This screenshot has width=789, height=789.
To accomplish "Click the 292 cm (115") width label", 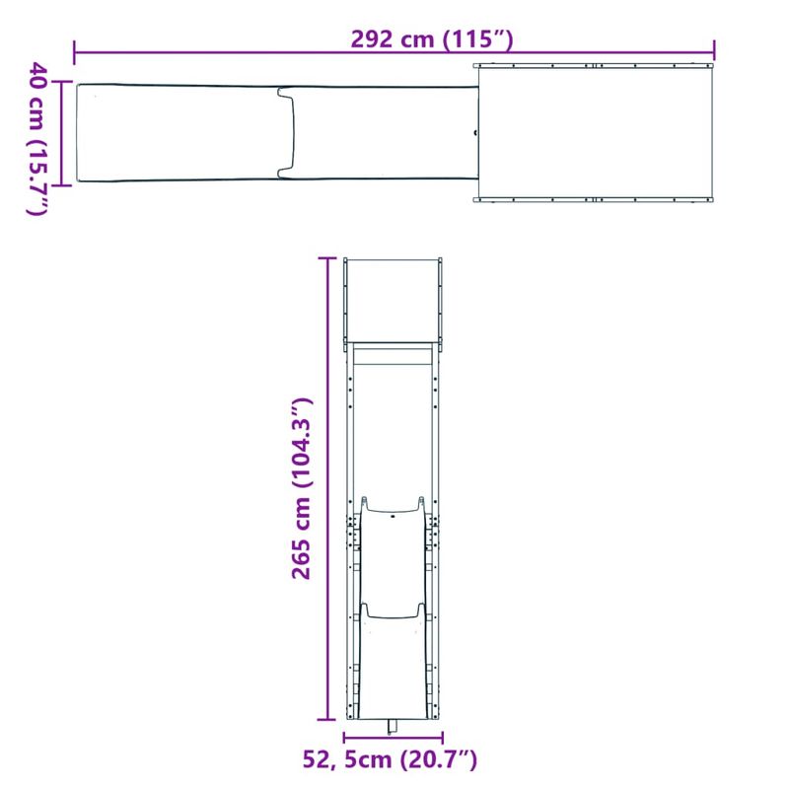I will tap(433, 40).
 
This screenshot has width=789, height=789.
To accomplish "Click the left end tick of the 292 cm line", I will tap(75, 49).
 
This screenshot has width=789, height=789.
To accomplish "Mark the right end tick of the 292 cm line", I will tap(715, 49).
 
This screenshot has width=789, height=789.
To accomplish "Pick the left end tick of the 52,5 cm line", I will tap(343, 738).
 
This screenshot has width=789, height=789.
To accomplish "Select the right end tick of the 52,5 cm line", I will tap(443, 738).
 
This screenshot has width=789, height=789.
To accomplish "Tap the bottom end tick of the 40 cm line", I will tap(64, 183).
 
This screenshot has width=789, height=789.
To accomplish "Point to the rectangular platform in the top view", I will tap(594, 133).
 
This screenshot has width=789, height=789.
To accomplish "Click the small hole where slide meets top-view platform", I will tap(474, 133).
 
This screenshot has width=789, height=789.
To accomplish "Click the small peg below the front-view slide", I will tap(393, 727).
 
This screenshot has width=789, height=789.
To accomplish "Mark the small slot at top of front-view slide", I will tap(393, 514).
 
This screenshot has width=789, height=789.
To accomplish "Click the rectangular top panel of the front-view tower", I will tap(393, 299).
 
